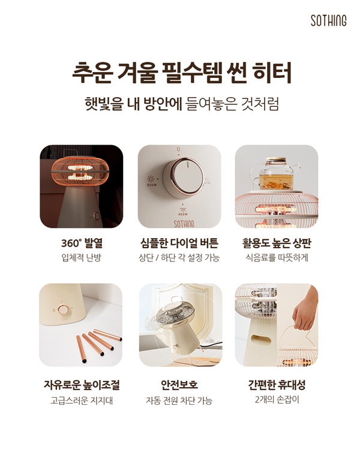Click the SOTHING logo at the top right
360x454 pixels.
coord(328,20)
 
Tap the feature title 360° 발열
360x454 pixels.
coord(82,243)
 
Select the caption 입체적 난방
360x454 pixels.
coord(81,257)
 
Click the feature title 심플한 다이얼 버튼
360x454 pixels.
coord(179,243)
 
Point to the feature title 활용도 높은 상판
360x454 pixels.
coord(277,243)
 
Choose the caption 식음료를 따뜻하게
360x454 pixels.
coord(277,257)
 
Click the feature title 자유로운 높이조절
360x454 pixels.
coord(82,385)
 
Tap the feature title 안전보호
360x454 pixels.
coord(179,385)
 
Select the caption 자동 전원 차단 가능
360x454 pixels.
coord(179,401)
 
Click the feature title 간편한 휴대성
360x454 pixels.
coord(277,385)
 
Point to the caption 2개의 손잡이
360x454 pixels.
coord(277,400)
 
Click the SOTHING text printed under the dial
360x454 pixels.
coord(184,224)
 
